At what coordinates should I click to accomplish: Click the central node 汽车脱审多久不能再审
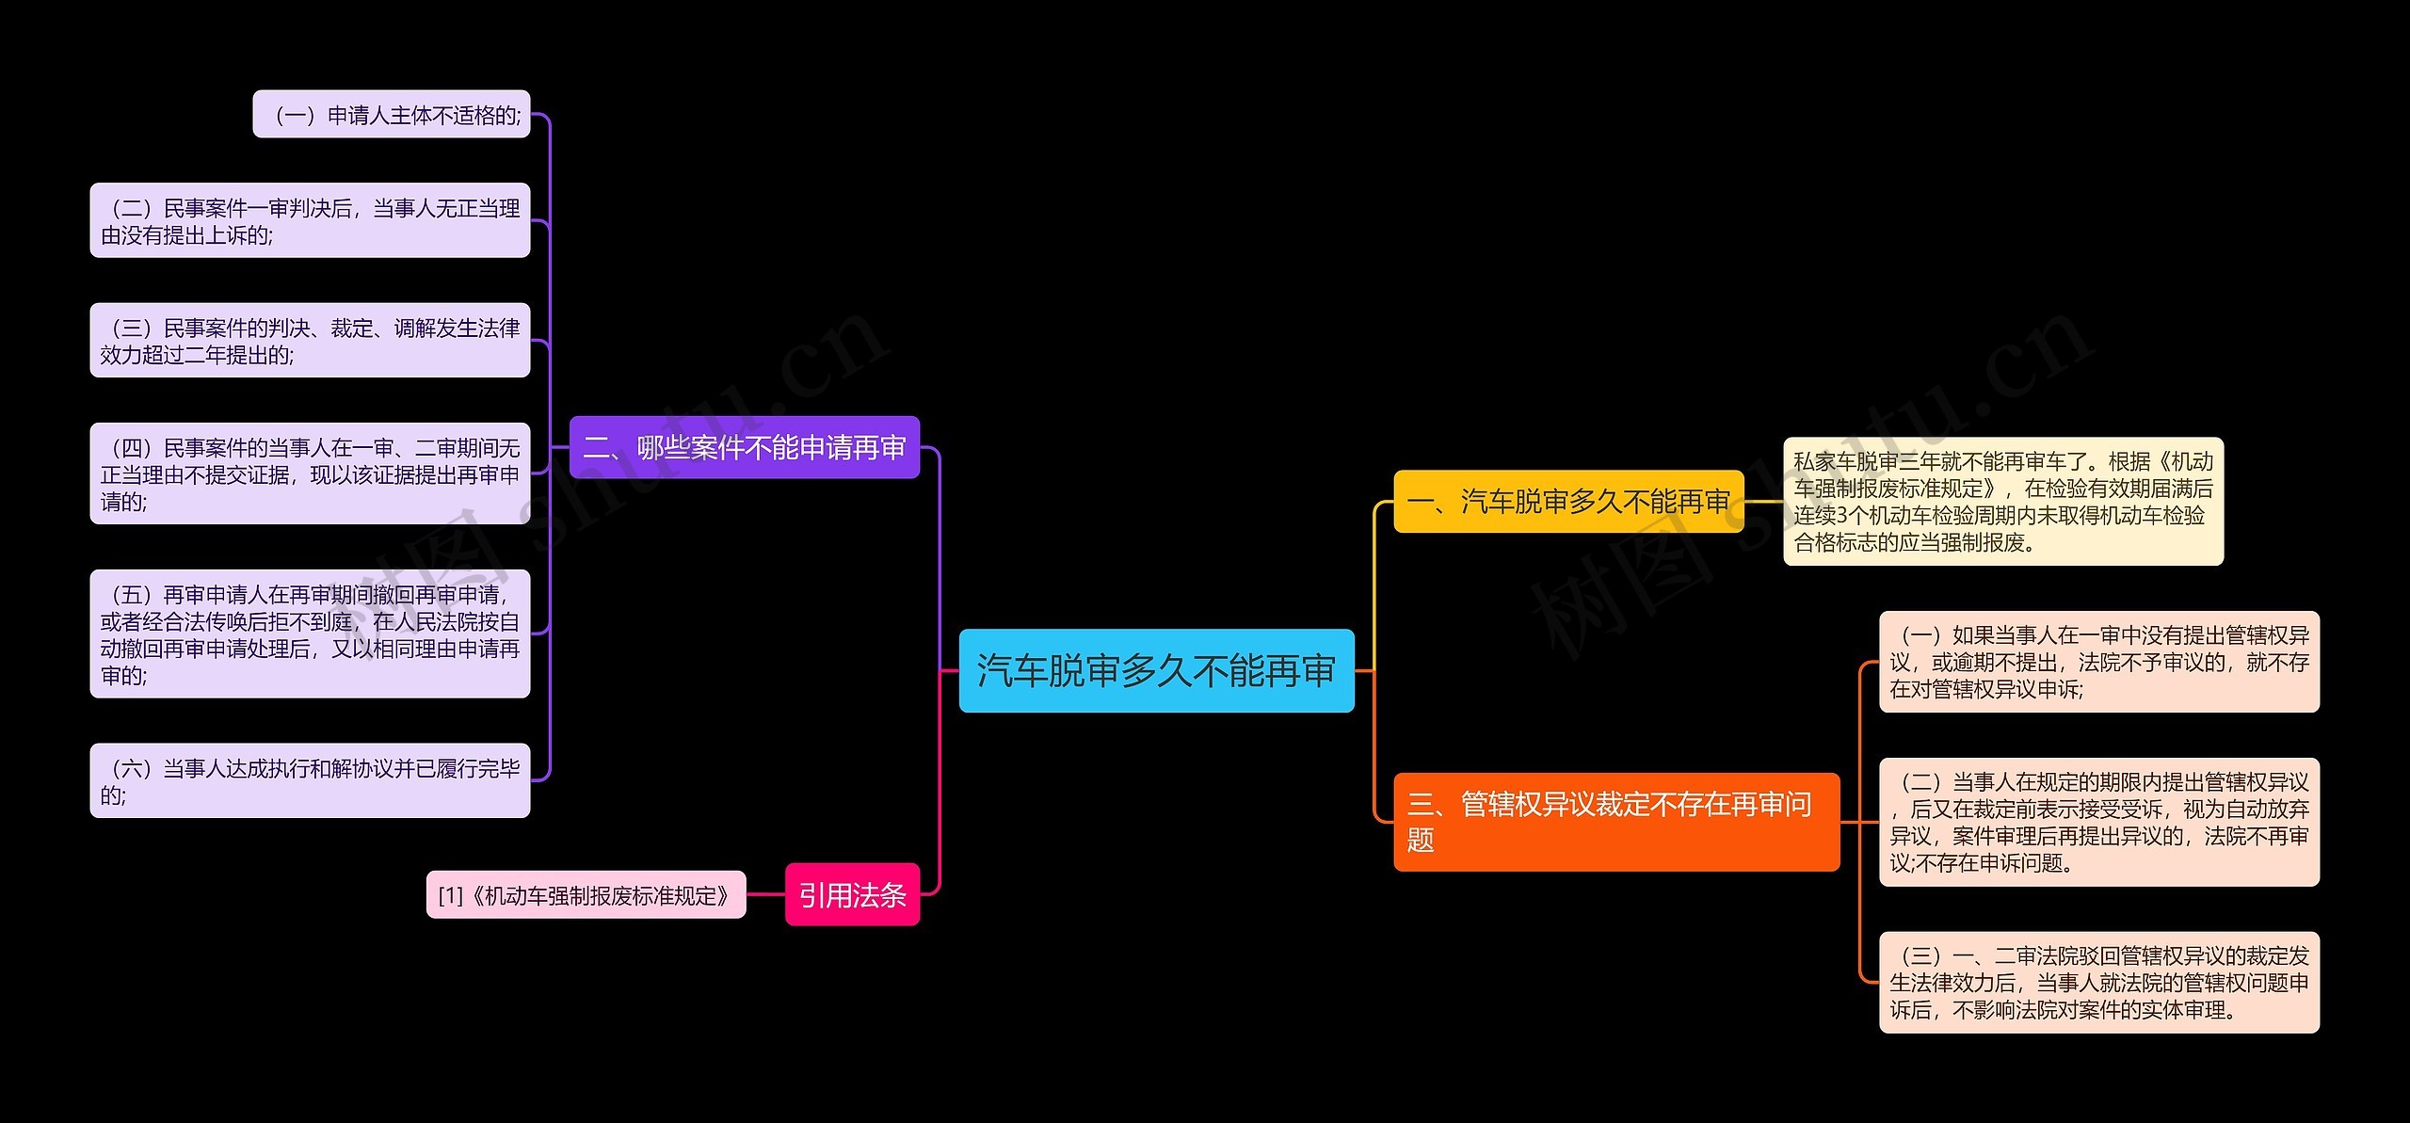pyautogui.click(x=1156, y=670)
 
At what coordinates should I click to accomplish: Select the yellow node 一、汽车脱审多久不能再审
pyautogui.click(x=1568, y=502)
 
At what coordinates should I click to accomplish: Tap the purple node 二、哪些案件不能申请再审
pyautogui.click(x=744, y=447)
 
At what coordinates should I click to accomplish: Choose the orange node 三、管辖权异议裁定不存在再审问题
pyautogui.click(x=1615, y=821)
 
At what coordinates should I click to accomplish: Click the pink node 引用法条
pyautogui.click(x=852, y=894)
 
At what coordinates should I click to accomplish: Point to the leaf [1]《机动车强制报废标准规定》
pyautogui.click(x=586, y=894)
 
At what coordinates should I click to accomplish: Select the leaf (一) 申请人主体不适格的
pyautogui.click(x=392, y=115)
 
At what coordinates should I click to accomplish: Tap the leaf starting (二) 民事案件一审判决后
pyautogui.click(x=310, y=220)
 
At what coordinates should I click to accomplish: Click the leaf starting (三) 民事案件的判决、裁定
pyautogui.click(x=310, y=340)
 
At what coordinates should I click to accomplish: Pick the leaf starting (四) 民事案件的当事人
pyautogui.click(x=310, y=473)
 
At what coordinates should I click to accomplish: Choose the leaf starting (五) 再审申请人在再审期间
pyautogui.click(x=310, y=634)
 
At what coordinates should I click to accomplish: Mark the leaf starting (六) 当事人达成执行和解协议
pyautogui.click(x=310, y=780)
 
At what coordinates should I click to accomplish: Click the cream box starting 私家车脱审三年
pyautogui.click(x=2002, y=501)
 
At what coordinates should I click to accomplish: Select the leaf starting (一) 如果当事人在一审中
pyautogui.click(x=2098, y=662)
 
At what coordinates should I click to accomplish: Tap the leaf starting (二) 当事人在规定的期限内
pyautogui.click(x=2098, y=822)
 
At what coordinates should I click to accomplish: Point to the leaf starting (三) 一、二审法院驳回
pyautogui.click(x=2098, y=983)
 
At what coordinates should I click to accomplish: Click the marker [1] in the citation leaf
pyautogui.click(x=451, y=895)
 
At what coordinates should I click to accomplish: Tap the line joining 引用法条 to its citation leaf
pyautogui.click(x=765, y=894)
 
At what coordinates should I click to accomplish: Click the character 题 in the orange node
pyautogui.click(x=1421, y=840)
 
